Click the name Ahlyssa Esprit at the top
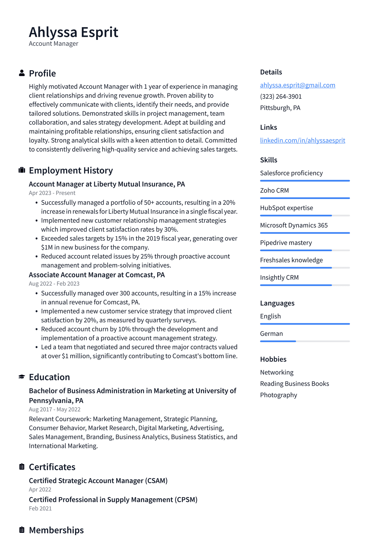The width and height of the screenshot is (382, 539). [x=74, y=32]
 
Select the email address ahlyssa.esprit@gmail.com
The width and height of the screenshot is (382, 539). [x=298, y=85]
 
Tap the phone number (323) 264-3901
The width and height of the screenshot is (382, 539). [x=281, y=97]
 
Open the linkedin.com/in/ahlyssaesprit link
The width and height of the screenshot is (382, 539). [x=303, y=140]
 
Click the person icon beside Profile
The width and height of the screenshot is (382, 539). [x=22, y=73]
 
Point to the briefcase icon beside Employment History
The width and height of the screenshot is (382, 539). [x=22, y=170]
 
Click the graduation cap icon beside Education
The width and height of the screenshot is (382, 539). [x=22, y=377]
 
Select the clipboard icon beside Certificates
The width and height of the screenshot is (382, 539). [x=22, y=467]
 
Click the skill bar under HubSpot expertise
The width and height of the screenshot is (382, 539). [x=305, y=215]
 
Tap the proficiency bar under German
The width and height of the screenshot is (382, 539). [x=305, y=341]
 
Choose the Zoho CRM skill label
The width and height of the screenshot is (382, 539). [x=274, y=191]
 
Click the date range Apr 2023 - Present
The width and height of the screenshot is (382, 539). [x=52, y=193]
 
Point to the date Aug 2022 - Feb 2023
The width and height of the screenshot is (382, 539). [x=54, y=284]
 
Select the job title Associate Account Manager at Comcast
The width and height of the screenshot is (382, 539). [x=97, y=275]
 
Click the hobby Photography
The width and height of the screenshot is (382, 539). [x=279, y=395]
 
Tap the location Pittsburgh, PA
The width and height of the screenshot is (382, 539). [x=280, y=108]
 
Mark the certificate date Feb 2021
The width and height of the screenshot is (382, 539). [x=40, y=509]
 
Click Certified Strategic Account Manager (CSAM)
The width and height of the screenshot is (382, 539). [x=98, y=481]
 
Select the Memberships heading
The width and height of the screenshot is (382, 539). [x=56, y=530]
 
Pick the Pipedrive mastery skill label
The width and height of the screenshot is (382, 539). [x=286, y=243]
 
